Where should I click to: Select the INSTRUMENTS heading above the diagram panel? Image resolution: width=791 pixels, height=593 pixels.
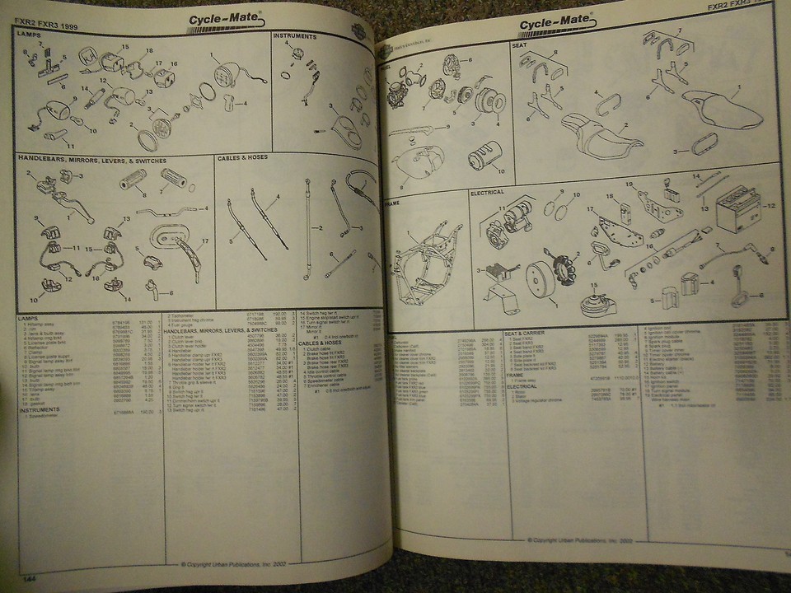click(294, 36)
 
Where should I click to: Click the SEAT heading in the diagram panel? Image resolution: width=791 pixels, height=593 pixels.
click(519, 46)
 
